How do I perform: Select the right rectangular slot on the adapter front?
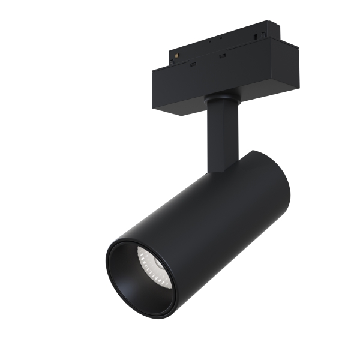pyautogui.click(x=222, y=56)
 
